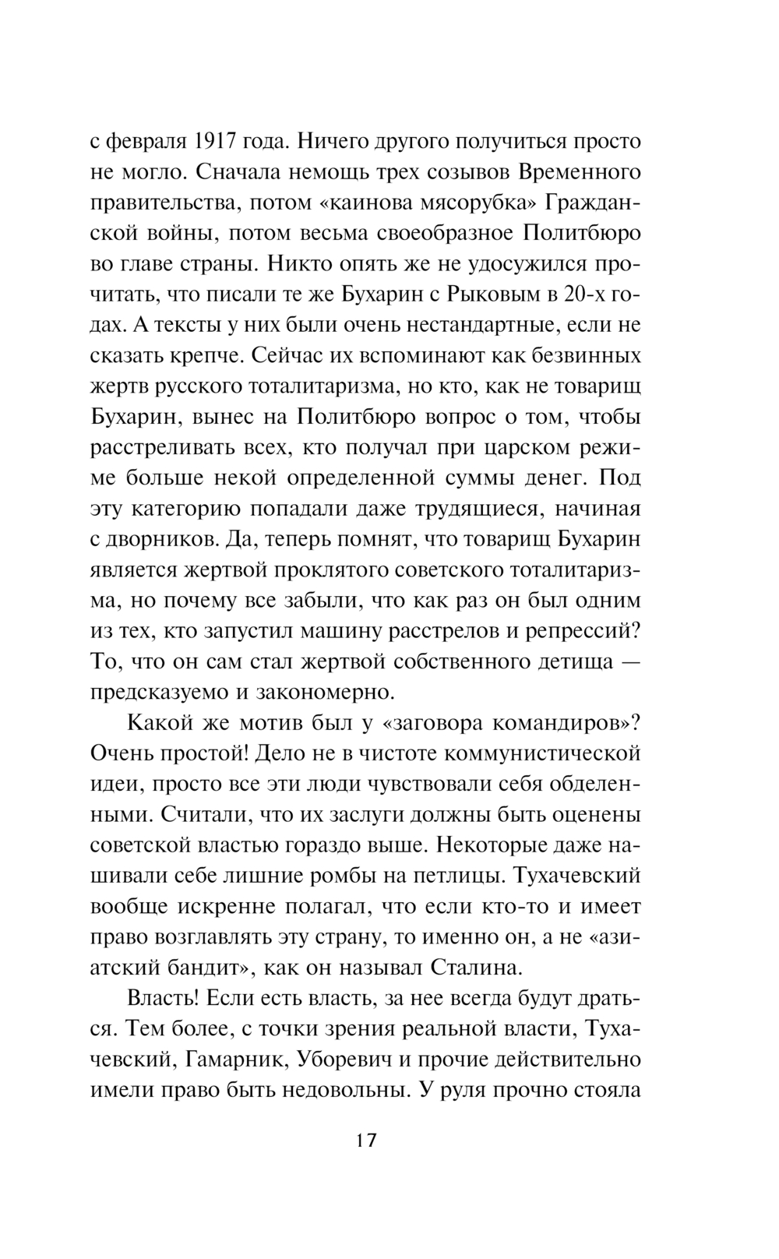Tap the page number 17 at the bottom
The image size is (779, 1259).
365,1140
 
